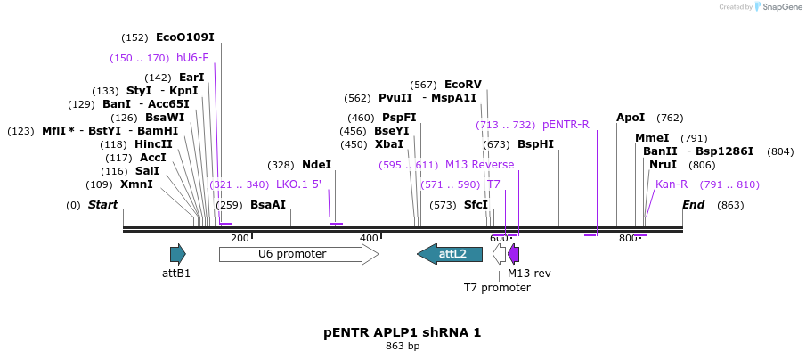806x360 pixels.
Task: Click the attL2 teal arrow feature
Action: [450, 254]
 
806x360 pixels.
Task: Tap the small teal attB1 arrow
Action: [177, 254]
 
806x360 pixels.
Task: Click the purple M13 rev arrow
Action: [513, 254]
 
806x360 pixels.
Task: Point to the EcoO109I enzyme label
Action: [185, 37]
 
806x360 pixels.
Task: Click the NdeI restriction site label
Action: [316, 165]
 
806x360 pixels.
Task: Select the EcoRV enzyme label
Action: [462, 85]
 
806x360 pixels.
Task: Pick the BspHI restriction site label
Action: [535, 144]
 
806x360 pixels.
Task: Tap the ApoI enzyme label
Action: [631, 118]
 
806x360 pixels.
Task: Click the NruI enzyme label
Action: [663, 165]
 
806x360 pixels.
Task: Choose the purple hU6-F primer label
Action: [192, 58]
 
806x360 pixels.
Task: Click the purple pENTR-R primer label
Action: [566, 125]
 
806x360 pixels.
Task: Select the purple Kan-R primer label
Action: [672, 184]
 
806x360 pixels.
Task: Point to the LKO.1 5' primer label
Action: [298, 184]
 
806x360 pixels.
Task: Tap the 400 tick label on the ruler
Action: [369, 238]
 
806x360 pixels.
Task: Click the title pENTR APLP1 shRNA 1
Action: [403, 332]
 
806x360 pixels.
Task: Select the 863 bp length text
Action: [403, 346]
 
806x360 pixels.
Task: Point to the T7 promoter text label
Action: [497, 288]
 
